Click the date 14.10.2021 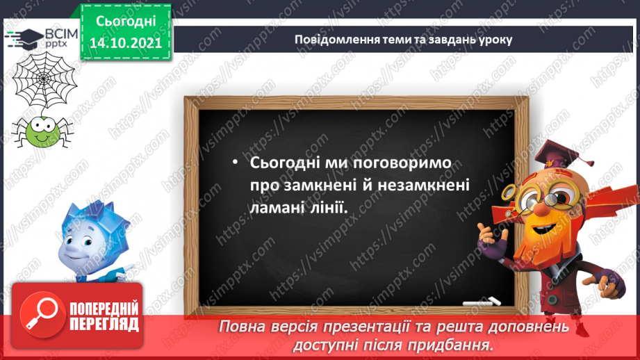click(125, 42)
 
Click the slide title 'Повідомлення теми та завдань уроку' click(403, 39)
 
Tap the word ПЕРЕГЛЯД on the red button click(104, 324)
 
